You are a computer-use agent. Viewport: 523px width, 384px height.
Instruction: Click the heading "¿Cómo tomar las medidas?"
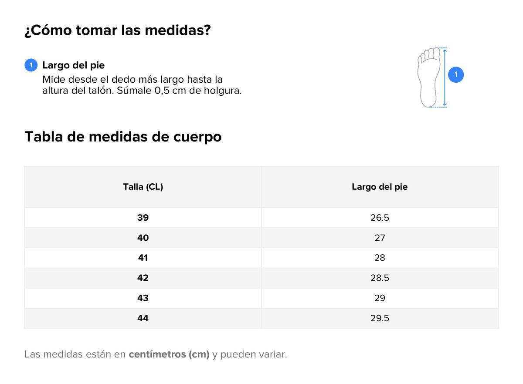pyautogui.click(x=118, y=30)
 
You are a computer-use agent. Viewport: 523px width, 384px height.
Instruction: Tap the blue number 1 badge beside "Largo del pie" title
pyautogui.click(x=31, y=65)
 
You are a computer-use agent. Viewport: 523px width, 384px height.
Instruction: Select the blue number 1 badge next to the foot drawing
pyautogui.click(x=456, y=75)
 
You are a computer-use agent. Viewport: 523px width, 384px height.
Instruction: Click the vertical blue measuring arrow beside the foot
pyautogui.click(x=445, y=77)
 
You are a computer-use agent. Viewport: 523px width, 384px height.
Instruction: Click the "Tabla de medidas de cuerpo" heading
pyautogui.click(x=123, y=137)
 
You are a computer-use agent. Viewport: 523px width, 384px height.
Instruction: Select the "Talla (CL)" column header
pyautogui.click(x=143, y=187)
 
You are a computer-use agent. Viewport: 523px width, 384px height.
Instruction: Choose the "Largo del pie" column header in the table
pyautogui.click(x=380, y=187)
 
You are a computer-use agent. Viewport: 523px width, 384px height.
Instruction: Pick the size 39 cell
pyautogui.click(x=143, y=218)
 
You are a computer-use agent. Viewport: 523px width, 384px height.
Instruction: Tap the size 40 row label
pyautogui.click(x=143, y=238)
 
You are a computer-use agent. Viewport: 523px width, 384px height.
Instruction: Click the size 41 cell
pyautogui.click(x=143, y=258)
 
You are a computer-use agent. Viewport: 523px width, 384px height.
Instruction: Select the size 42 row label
pyautogui.click(x=143, y=278)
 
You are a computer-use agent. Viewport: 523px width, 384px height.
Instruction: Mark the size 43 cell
pyautogui.click(x=143, y=298)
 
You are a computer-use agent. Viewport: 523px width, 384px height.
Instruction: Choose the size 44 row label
pyautogui.click(x=143, y=318)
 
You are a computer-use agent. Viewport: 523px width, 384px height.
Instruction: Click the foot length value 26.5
pyautogui.click(x=380, y=218)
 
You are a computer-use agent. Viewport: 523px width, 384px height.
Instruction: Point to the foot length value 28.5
pyautogui.click(x=380, y=278)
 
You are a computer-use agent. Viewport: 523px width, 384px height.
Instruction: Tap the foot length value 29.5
pyautogui.click(x=380, y=318)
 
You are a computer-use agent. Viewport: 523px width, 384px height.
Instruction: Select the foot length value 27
pyautogui.click(x=380, y=238)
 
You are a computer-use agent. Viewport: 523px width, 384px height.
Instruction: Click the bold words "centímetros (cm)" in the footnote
pyautogui.click(x=169, y=354)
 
